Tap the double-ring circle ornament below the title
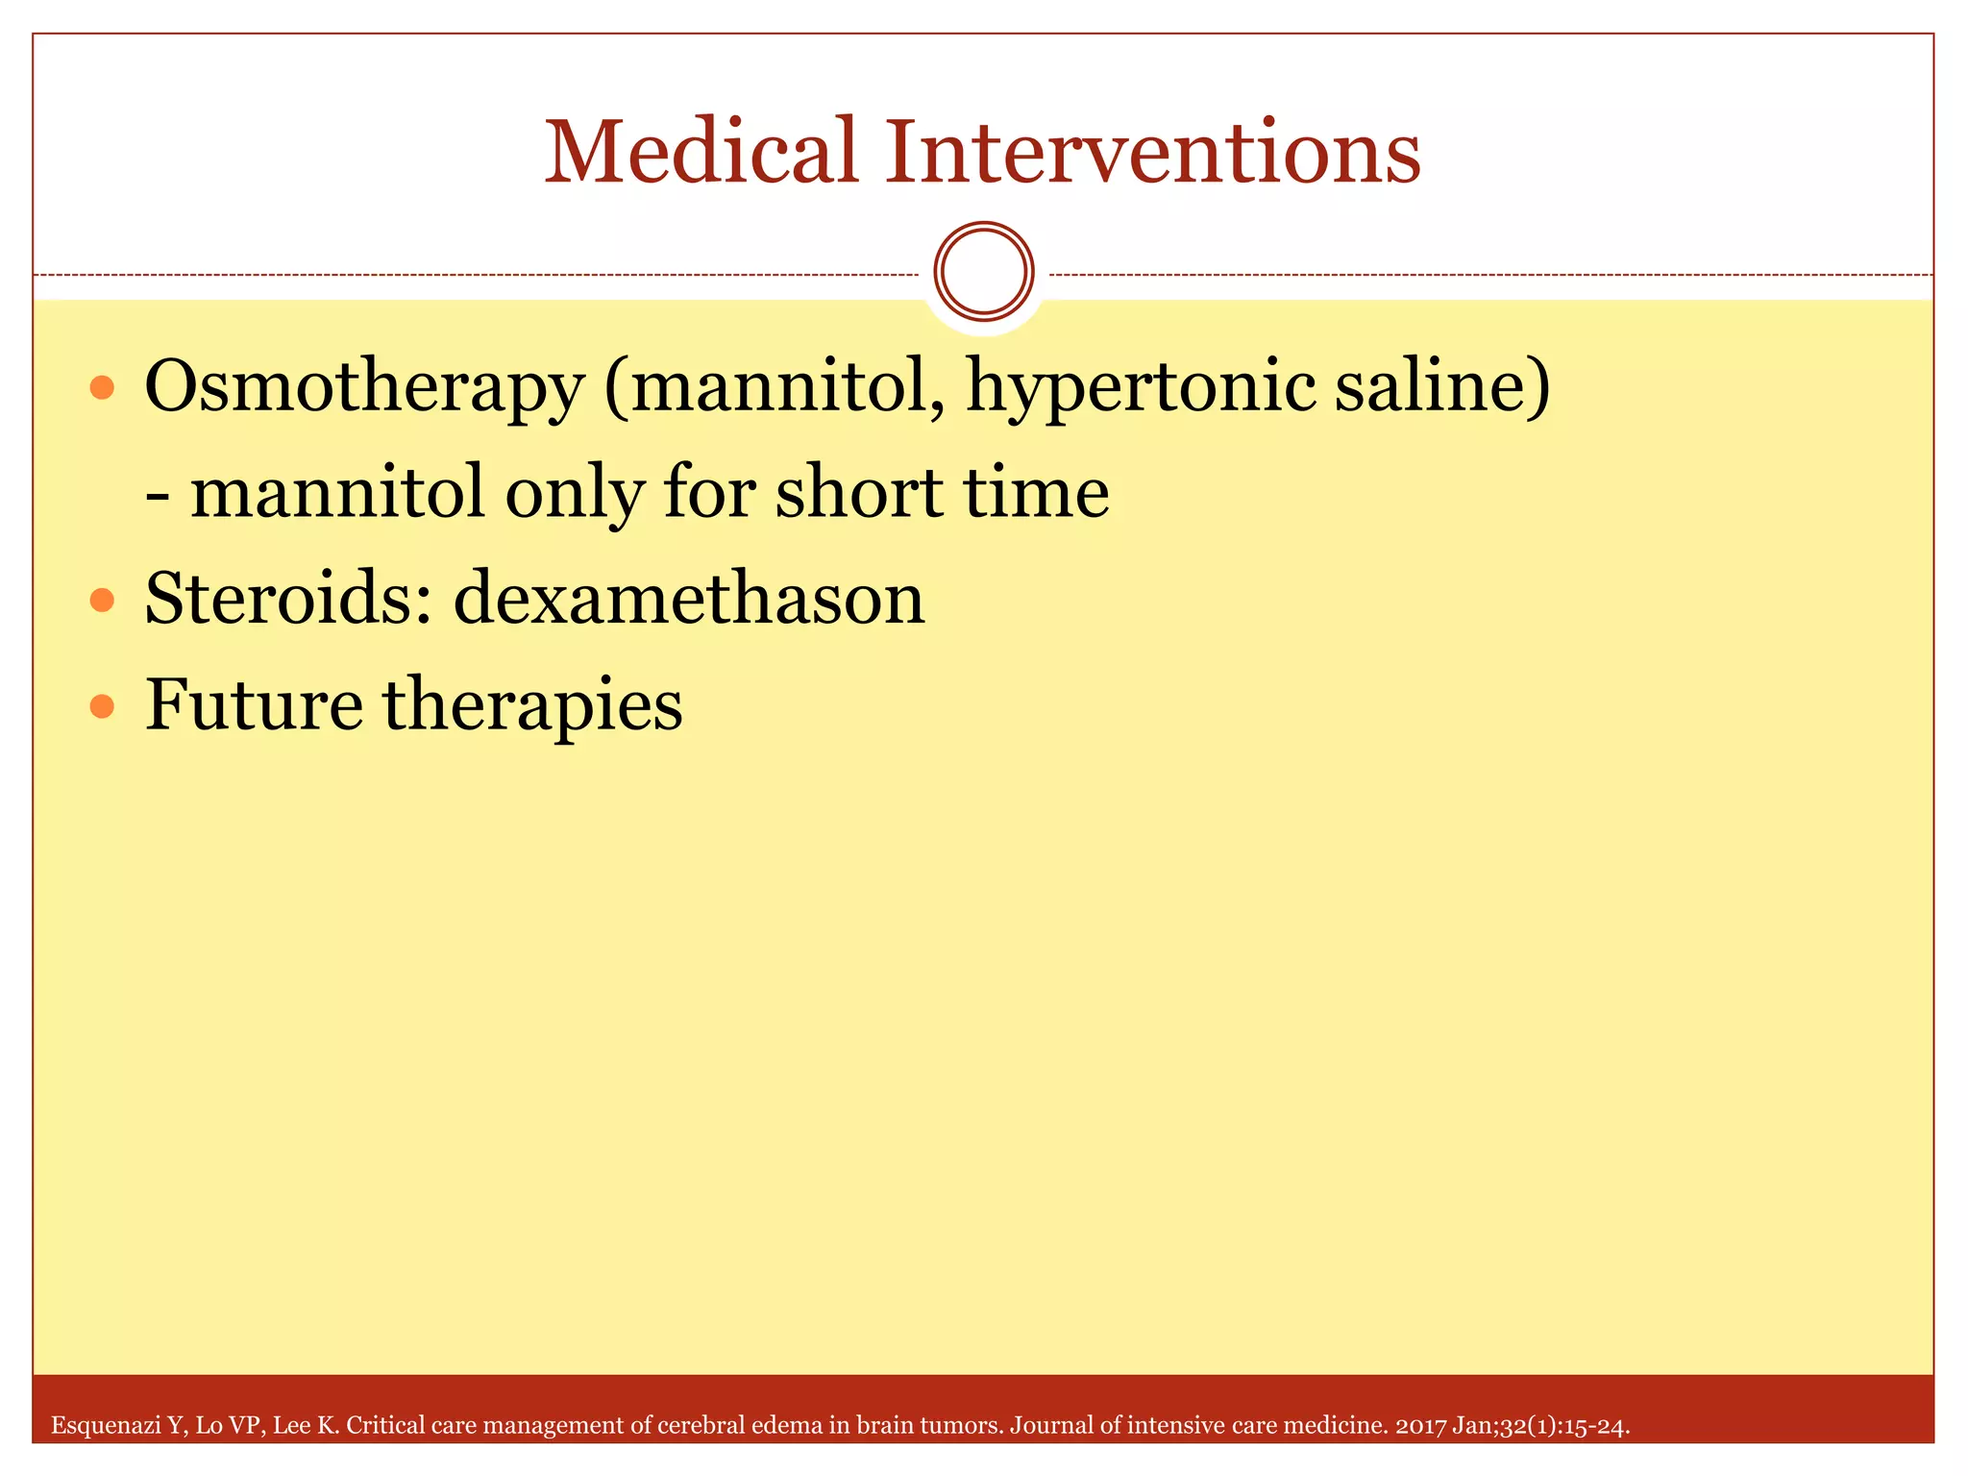coord(983,272)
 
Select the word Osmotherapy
coord(364,386)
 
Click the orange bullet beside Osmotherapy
coord(102,388)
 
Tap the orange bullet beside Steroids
coord(102,601)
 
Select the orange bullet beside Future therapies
coord(102,707)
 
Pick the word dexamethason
coord(688,599)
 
